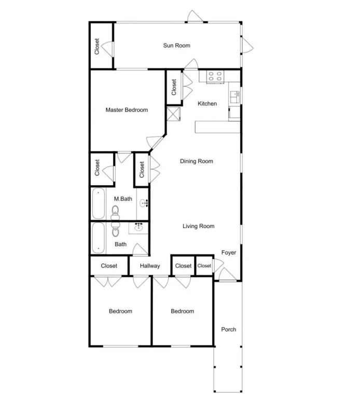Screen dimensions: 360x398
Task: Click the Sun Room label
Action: tap(176, 46)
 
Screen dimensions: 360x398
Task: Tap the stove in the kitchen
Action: tap(215, 76)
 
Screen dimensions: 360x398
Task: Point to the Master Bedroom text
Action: tap(127, 110)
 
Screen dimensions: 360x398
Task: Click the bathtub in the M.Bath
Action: tap(99, 204)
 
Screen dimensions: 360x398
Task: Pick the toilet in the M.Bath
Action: tap(115, 212)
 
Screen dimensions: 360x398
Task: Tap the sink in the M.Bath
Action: tap(144, 203)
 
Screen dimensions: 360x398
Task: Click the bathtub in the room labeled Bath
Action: tap(99, 238)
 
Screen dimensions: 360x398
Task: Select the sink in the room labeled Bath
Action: tap(139, 226)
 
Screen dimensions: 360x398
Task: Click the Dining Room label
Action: tap(197, 161)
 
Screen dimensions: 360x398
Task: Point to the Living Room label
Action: tap(199, 226)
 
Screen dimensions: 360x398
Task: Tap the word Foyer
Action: tap(229, 252)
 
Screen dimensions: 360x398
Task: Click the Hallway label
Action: tap(150, 266)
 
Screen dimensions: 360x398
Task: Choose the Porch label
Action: tap(229, 330)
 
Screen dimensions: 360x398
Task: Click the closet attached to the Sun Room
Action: tap(101, 46)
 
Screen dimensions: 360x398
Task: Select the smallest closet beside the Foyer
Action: tap(204, 265)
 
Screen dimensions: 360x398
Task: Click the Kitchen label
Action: tap(207, 104)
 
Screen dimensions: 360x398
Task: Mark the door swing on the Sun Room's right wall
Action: tap(247, 45)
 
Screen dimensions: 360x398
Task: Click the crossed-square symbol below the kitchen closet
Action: tap(174, 114)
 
